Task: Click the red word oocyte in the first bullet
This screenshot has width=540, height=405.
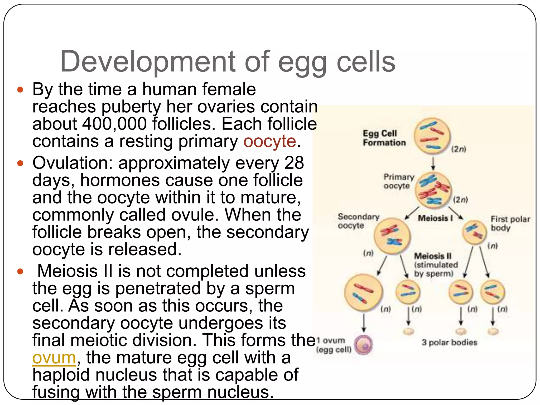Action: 269,141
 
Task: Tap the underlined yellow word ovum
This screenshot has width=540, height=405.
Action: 54,358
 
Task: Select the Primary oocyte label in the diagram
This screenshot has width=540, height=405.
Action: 398,181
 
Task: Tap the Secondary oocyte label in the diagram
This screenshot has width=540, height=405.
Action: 358,221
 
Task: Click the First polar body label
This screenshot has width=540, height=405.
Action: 510,223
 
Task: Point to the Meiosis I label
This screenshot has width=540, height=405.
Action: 435,218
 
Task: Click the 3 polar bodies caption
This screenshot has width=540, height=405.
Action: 449,342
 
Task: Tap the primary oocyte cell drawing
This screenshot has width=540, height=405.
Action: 433,190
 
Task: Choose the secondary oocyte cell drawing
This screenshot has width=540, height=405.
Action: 392,236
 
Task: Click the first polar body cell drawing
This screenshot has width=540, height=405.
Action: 474,232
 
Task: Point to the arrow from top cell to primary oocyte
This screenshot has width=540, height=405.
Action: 433,163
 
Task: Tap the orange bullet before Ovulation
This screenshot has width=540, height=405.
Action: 20,163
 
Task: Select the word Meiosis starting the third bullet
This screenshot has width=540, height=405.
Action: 68,271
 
